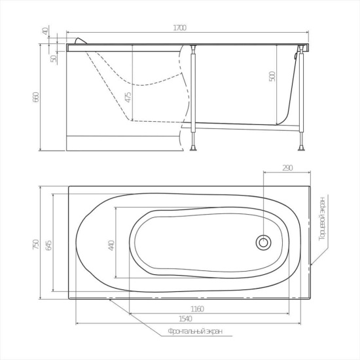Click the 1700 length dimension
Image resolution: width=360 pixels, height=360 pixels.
click(179, 27)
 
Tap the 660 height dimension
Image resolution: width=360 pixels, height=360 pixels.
click(37, 97)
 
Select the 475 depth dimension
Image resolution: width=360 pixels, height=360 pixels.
click(128, 97)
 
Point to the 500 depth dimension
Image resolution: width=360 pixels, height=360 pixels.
click(272, 77)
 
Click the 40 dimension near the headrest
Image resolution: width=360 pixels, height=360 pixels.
click(45, 31)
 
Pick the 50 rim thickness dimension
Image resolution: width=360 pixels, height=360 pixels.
click(54, 58)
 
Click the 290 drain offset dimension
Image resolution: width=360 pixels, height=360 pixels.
click(287, 168)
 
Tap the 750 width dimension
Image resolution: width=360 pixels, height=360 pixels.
click(36, 244)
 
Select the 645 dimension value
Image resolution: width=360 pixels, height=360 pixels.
click(49, 245)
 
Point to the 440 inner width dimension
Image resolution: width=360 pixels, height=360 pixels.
click(111, 245)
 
